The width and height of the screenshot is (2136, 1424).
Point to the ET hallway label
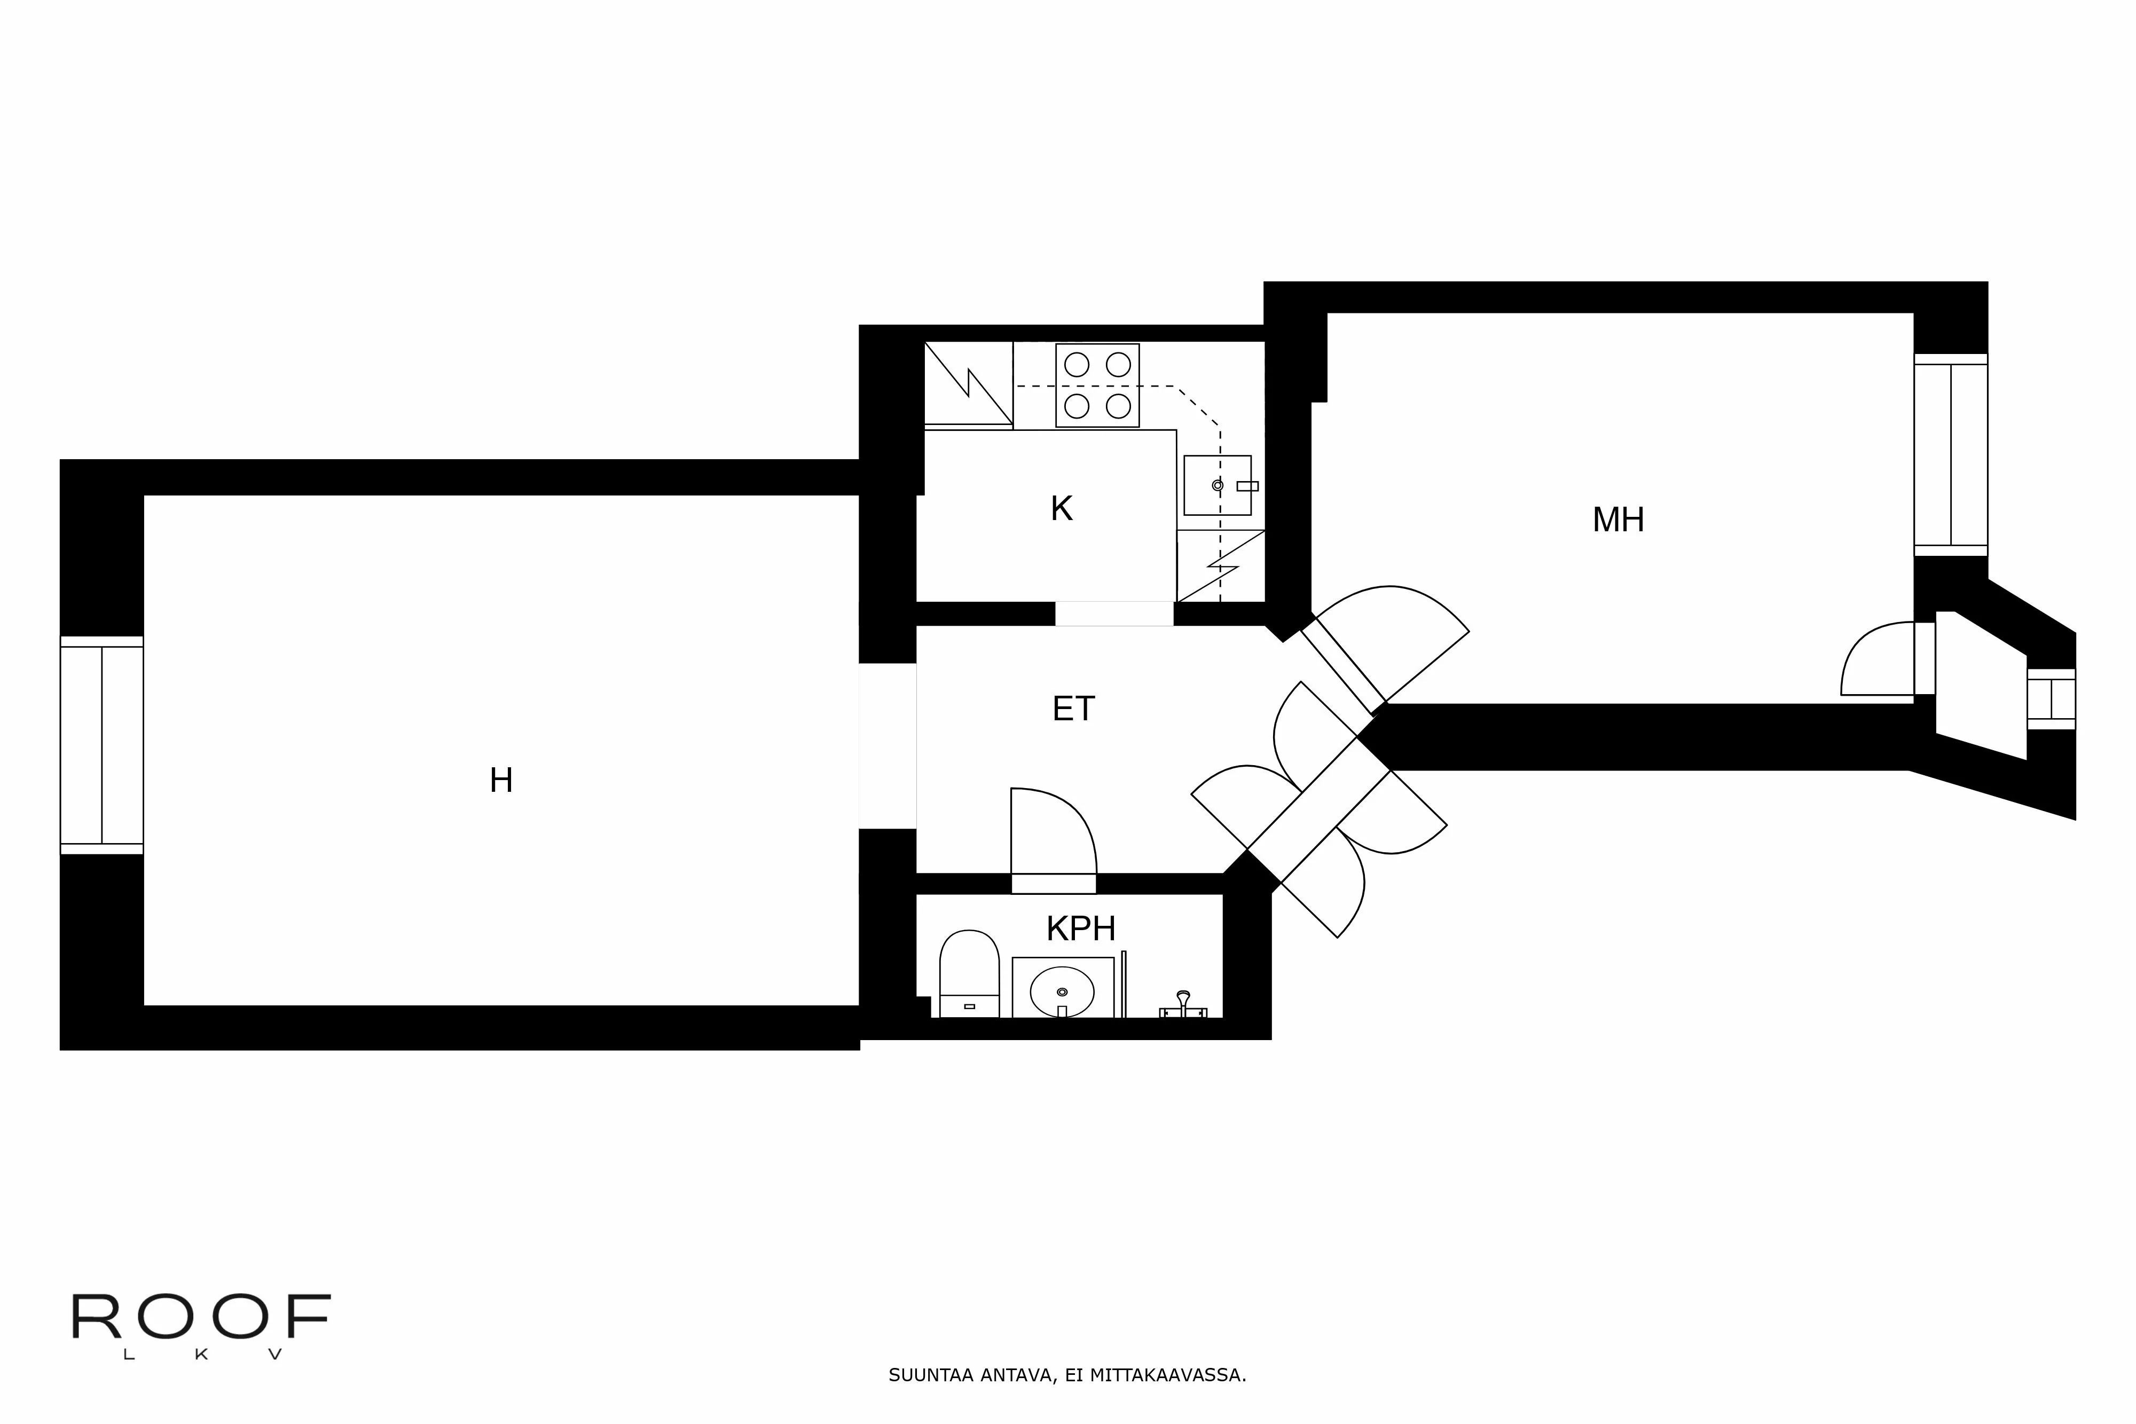tap(1073, 709)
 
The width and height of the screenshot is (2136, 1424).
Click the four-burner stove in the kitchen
tap(1097, 385)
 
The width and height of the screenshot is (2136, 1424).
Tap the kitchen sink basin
tap(1217, 485)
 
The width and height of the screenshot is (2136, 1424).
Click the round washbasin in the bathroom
tap(1062, 992)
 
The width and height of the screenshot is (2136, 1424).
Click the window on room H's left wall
tap(101, 745)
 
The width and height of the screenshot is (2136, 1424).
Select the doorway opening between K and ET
tap(1113, 614)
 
